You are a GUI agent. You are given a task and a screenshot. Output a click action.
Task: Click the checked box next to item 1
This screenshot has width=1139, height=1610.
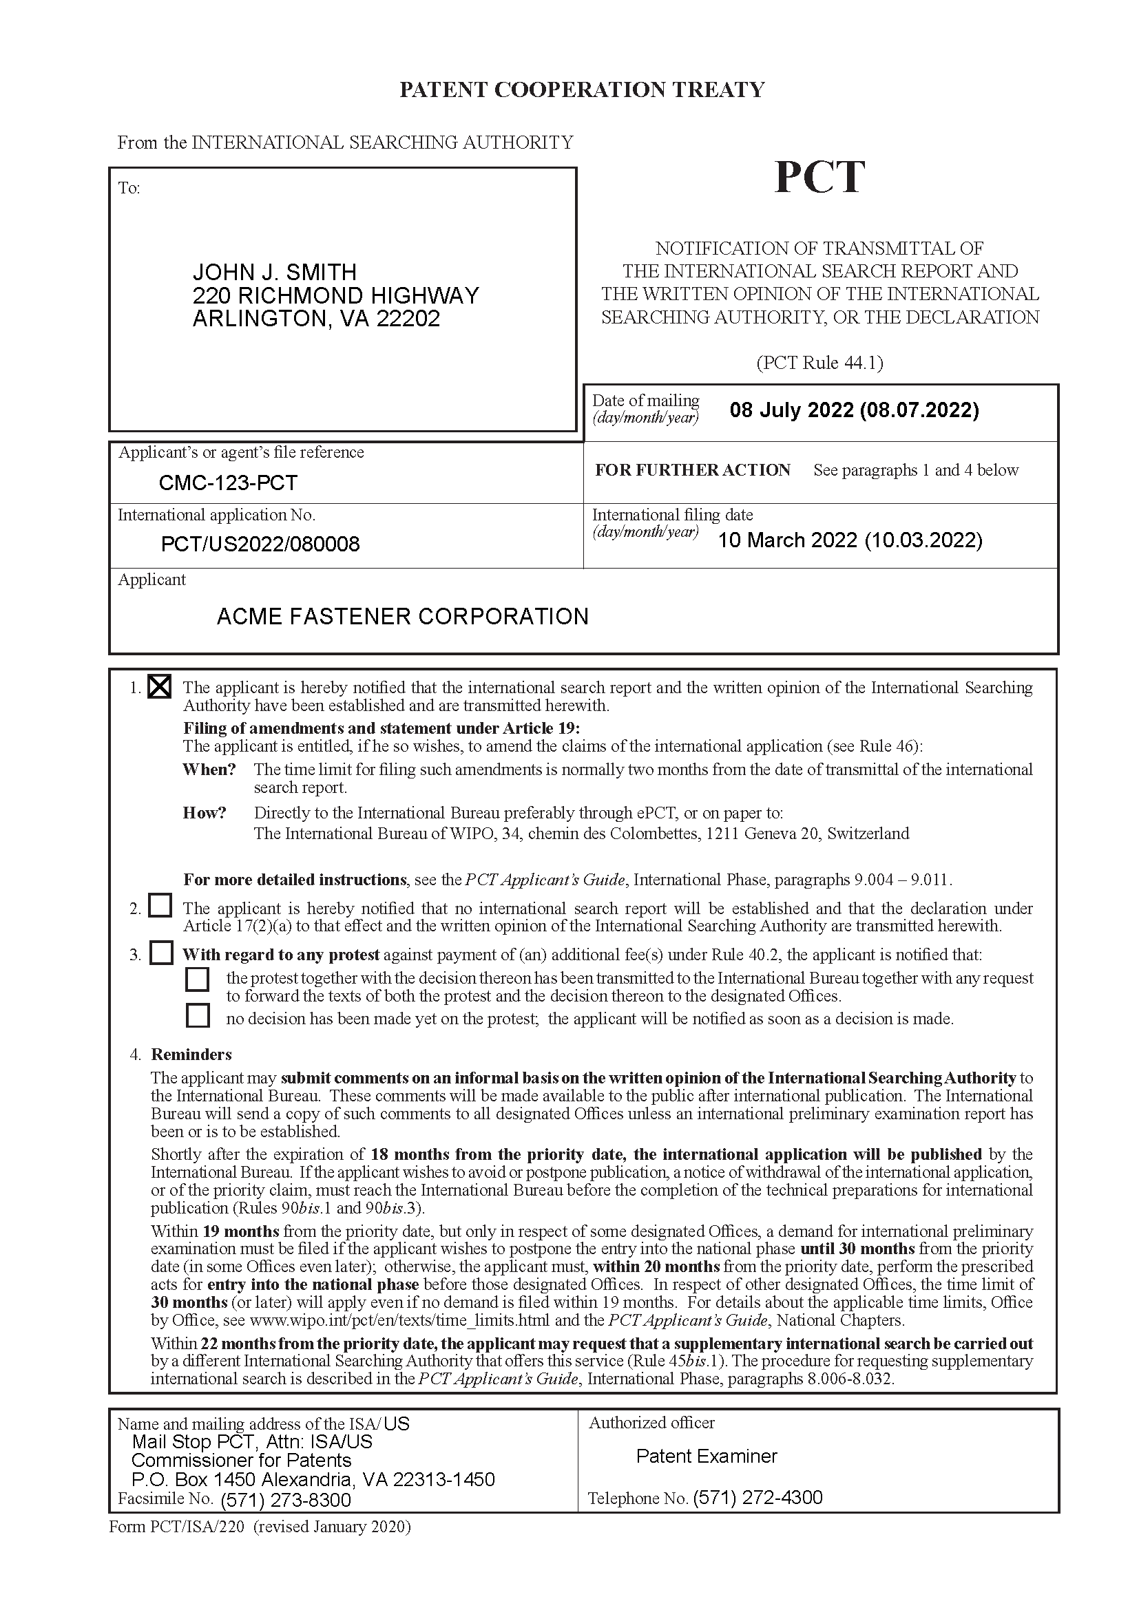point(160,686)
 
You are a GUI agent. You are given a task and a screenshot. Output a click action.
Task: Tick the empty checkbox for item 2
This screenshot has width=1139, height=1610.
point(160,905)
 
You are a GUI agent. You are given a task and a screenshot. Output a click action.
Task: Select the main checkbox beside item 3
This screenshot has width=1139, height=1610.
point(161,953)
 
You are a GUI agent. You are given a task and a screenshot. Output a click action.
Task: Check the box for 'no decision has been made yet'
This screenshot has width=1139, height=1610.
point(198,1015)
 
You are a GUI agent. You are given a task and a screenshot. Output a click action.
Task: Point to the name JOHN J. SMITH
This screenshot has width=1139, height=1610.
point(274,272)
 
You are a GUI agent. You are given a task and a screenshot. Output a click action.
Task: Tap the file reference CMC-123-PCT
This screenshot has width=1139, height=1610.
point(228,483)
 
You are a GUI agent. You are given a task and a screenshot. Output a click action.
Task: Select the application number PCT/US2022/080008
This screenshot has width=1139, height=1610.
point(260,544)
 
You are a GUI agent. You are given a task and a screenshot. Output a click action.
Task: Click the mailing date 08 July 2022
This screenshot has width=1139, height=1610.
point(853,410)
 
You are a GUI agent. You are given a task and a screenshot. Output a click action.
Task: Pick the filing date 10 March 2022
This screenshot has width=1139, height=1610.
point(849,540)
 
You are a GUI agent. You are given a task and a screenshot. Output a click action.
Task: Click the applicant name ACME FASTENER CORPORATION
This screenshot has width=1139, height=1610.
point(403,616)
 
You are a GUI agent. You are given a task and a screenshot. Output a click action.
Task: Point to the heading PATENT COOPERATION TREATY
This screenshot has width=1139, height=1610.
point(581,89)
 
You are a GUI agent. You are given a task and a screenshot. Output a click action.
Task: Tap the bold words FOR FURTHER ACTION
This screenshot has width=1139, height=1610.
point(692,470)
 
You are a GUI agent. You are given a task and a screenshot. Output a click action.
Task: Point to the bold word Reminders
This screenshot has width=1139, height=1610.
point(191,1055)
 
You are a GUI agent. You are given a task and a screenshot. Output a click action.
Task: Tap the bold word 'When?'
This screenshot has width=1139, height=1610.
point(209,770)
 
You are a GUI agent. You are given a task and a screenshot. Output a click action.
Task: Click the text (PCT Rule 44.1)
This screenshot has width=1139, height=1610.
point(819,363)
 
